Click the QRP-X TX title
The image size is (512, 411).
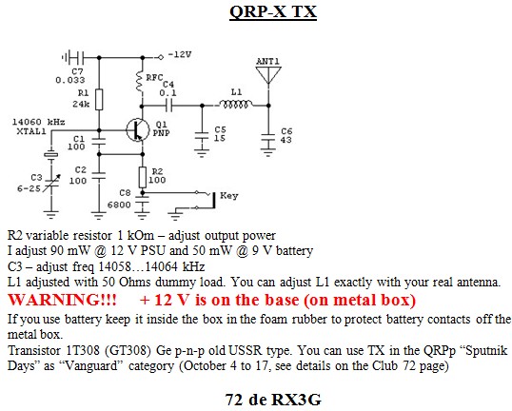coord(273,12)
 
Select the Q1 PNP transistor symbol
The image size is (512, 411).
coord(138,130)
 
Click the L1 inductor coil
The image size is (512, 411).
coord(235,104)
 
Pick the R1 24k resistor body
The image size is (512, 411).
coord(99,99)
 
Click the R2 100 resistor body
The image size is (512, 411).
coord(143,177)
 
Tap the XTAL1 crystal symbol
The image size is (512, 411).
coord(51,154)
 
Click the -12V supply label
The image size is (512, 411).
coord(180,54)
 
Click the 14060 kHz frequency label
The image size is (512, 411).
coord(38,122)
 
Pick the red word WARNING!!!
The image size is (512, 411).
coord(62,300)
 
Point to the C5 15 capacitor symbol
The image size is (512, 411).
coord(202,136)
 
